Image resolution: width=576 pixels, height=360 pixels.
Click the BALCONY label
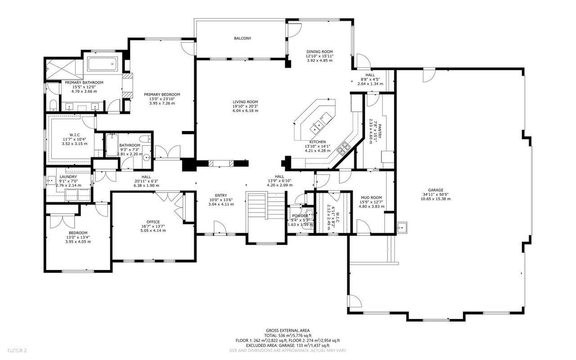[x=242, y=38]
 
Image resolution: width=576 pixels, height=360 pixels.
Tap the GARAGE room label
[x=435, y=190]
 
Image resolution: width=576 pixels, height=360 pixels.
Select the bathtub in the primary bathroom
[x=103, y=64]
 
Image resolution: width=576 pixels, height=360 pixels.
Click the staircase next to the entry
[x=265, y=211]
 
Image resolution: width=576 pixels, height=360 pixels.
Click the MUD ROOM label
[x=371, y=198]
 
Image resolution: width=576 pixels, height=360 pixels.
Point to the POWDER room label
[x=300, y=216]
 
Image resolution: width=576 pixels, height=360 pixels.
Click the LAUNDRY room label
[x=68, y=176]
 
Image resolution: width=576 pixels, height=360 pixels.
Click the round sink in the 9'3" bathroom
[x=147, y=157]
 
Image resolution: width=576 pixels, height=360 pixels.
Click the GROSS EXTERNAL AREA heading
[x=288, y=330]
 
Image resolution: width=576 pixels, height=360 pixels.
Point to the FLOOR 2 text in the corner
[x=17, y=350]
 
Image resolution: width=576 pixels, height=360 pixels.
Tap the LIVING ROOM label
[x=245, y=102]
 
